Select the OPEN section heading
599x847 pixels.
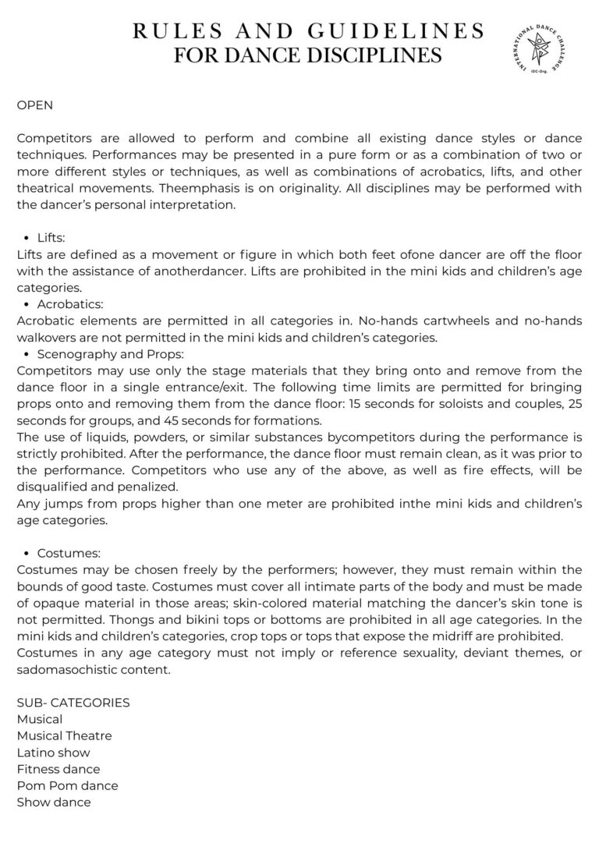35,104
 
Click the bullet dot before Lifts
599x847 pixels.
27,238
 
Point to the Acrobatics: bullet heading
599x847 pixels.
70,304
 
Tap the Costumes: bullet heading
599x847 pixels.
69,553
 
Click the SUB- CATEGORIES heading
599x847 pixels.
73,703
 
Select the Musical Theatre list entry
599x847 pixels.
64,735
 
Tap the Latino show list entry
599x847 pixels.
53,753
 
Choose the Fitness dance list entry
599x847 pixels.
58,769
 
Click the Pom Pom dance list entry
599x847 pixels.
67,785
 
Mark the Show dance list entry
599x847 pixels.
54,802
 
